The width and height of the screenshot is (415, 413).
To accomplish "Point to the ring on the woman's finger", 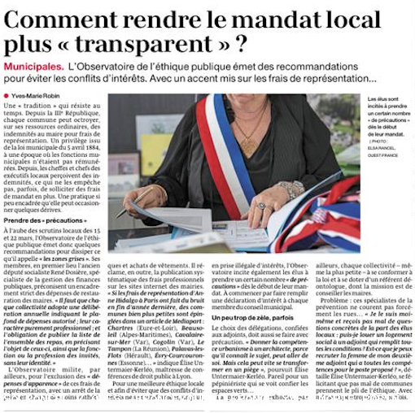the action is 261,206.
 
